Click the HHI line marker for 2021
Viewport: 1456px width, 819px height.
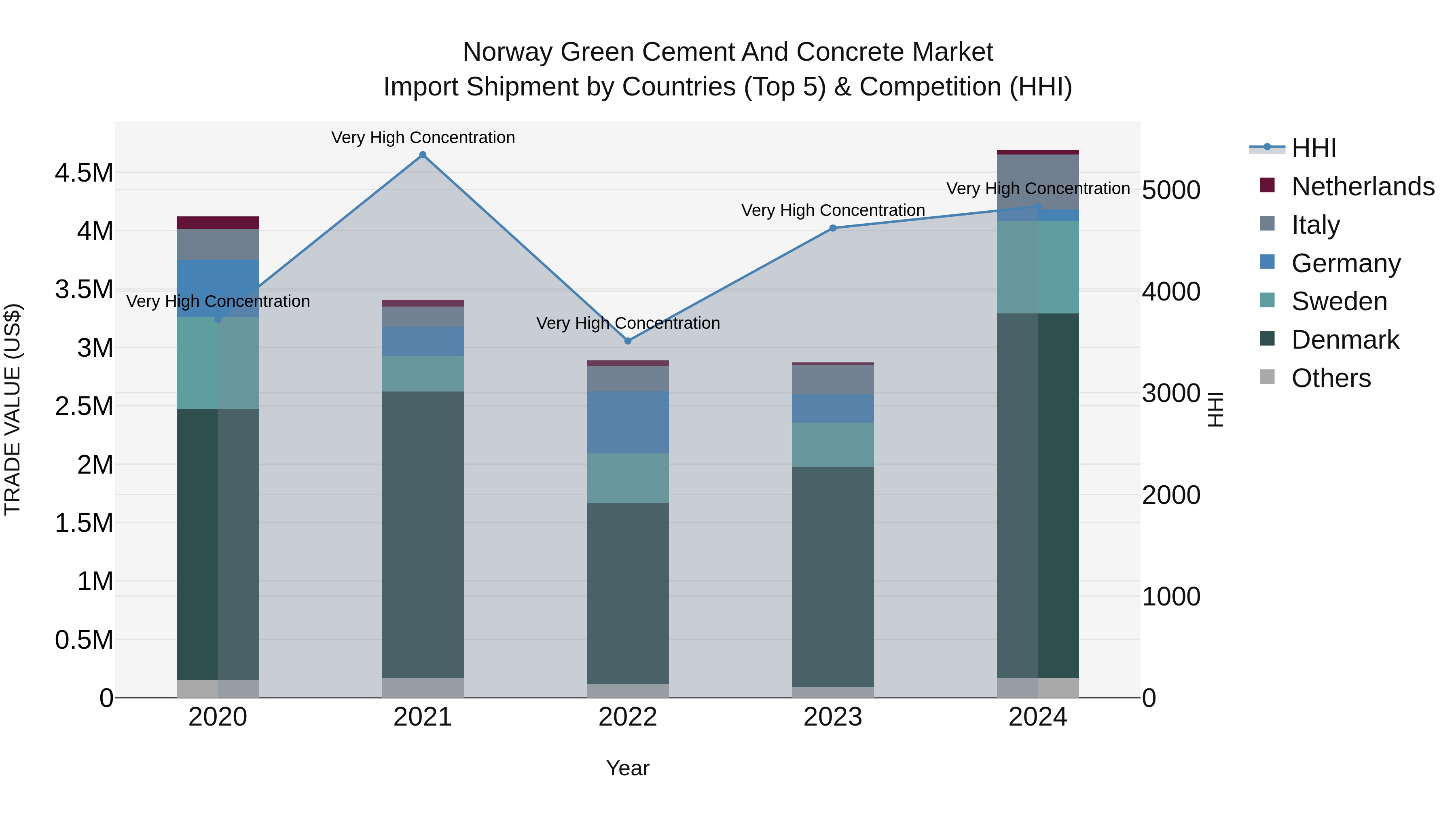(x=423, y=155)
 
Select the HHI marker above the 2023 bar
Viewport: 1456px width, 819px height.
(x=833, y=229)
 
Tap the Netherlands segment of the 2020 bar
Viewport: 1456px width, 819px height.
(x=218, y=223)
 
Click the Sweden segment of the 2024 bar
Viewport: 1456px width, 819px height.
(x=1038, y=267)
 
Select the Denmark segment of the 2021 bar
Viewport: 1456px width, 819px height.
(x=423, y=534)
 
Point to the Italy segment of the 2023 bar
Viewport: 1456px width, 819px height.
(x=833, y=379)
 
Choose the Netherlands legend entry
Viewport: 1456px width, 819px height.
(x=1362, y=186)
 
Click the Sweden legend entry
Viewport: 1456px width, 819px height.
(x=1338, y=301)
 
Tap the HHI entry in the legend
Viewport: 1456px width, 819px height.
(x=1314, y=148)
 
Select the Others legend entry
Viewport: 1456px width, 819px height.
(x=1331, y=378)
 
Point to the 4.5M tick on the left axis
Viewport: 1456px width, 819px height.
(x=84, y=173)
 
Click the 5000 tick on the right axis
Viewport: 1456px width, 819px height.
(x=1170, y=190)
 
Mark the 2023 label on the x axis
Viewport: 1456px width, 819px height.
(x=833, y=717)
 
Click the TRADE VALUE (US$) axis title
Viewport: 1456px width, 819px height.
(x=13, y=409)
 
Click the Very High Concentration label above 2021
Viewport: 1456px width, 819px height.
(x=423, y=138)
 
